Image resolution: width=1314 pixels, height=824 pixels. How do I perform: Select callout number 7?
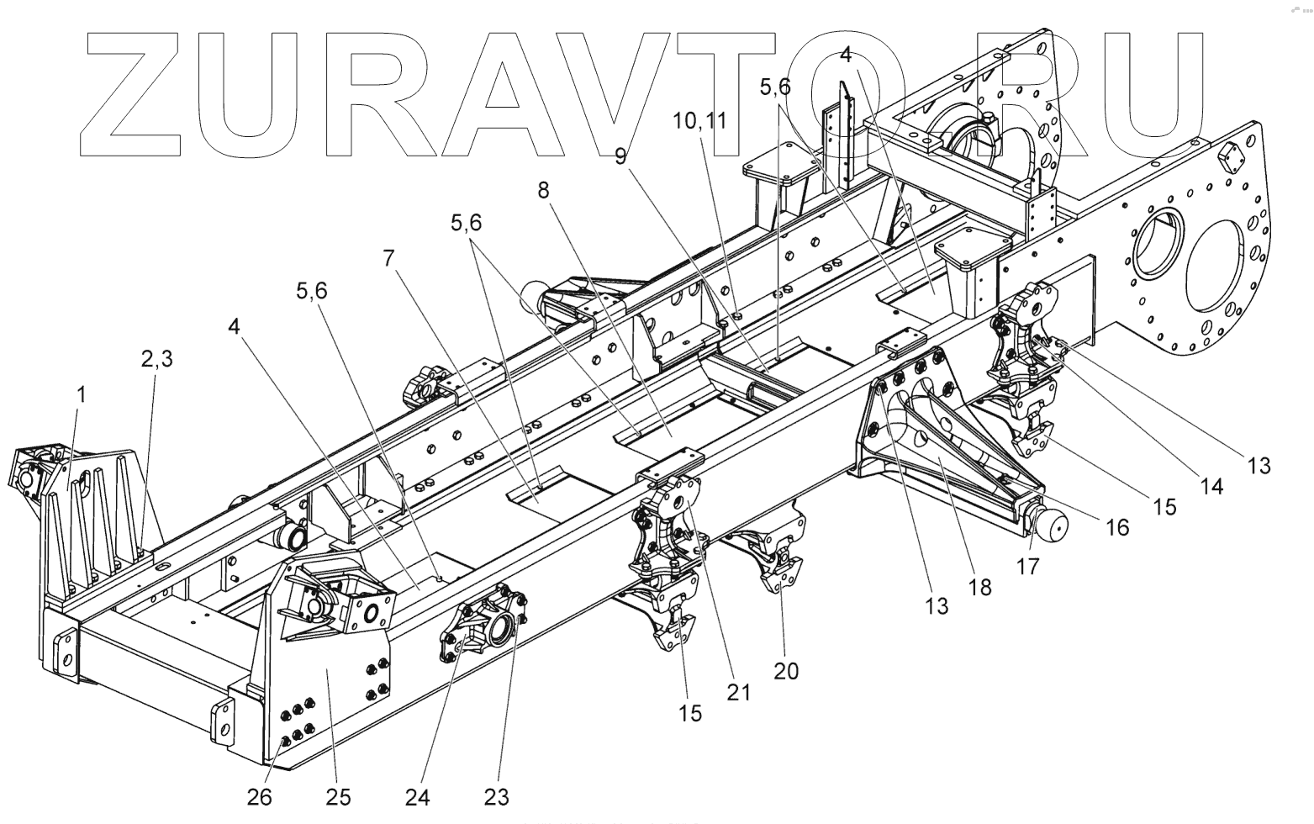[x=388, y=259]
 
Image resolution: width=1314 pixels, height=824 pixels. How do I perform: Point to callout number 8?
[x=544, y=191]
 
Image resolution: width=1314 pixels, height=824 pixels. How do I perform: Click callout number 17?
[x=1029, y=566]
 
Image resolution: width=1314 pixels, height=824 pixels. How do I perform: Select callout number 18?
[x=980, y=586]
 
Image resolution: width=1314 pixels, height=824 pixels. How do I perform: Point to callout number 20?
[x=786, y=670]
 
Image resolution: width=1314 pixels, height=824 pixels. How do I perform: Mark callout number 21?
[x=740, y=691]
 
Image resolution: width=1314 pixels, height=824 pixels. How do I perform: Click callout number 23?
[x=496, y=795]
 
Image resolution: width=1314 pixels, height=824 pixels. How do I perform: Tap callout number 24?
[x=418, y=795]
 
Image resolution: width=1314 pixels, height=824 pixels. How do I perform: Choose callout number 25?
[x=338, y=795]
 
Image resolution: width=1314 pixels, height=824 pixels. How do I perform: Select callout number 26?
[x=260, y=795]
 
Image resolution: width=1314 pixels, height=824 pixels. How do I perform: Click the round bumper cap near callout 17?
[x=1050, y=526]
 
